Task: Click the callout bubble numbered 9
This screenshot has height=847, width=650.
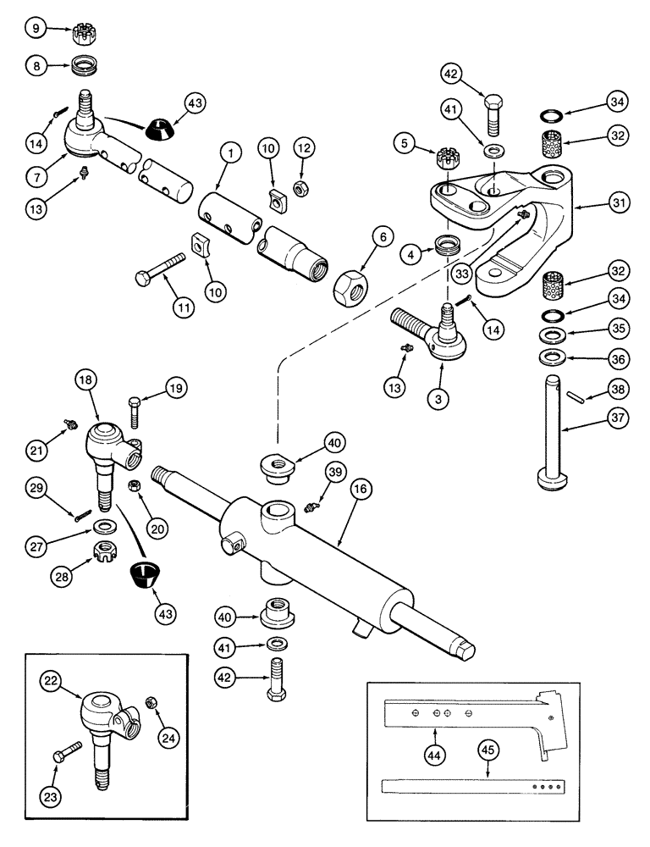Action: point(36,30)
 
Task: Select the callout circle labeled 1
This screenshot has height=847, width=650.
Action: point(229,153)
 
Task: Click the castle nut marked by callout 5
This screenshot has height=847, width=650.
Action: point(448,158)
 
